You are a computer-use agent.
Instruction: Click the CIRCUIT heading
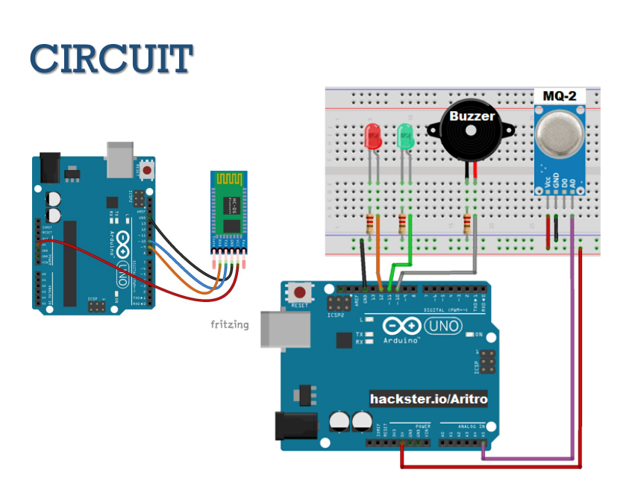coord(112,58)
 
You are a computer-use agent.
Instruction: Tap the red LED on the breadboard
coord(372,136)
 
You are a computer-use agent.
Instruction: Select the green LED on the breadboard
coord(405,136)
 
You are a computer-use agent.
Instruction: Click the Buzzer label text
coord(471,116)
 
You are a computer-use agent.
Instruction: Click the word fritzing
coord(229,324)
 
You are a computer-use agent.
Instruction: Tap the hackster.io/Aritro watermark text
coord(429,400)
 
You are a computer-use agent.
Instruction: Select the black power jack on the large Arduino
coord(295,425)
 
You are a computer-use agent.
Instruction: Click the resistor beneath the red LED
coord(371,223)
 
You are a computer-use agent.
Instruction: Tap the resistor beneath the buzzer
coord(469,223)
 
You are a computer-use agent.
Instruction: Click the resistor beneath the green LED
coord(404,223)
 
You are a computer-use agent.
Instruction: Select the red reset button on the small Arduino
coord(148,170)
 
